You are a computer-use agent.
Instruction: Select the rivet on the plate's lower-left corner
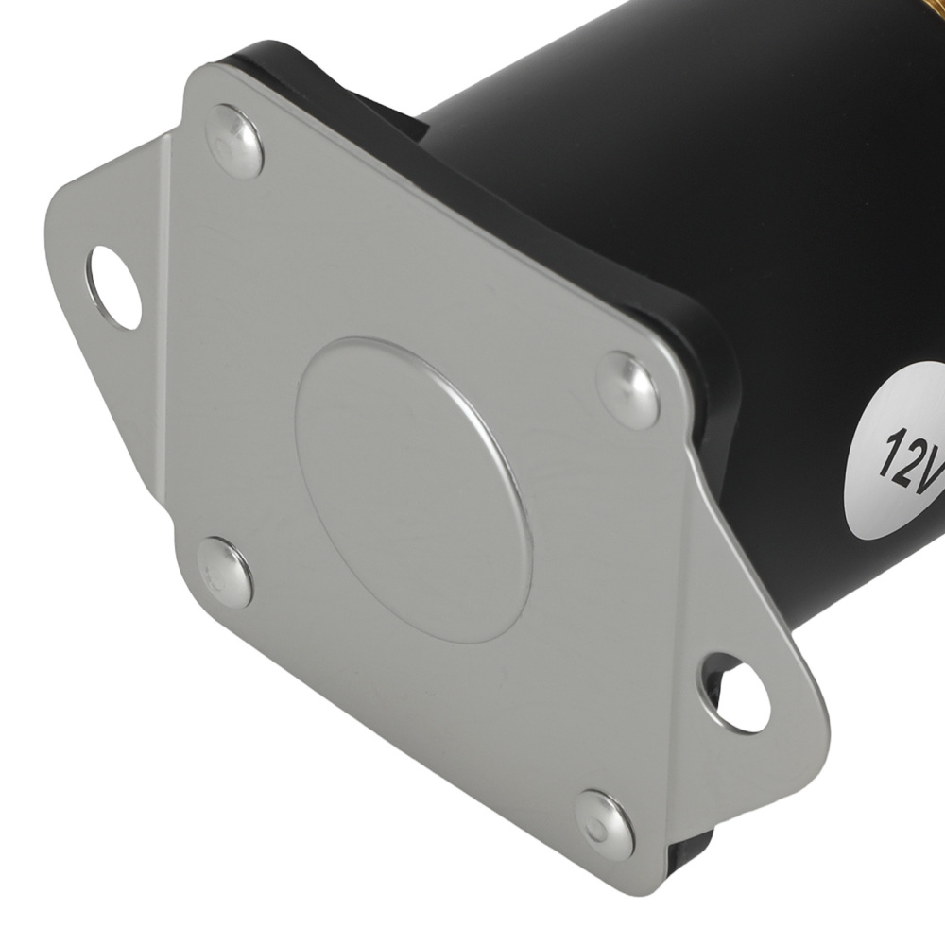[x=225, y=572]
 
